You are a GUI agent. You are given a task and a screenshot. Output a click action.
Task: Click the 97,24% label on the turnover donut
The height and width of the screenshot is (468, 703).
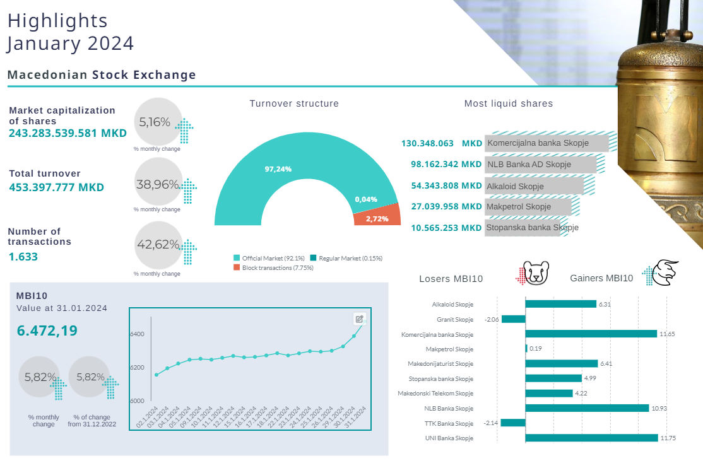point(278,169)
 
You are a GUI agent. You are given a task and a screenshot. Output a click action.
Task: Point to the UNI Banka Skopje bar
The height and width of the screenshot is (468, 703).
point(591,438)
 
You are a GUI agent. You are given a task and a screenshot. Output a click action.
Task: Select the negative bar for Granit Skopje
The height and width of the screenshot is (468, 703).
point(513,319)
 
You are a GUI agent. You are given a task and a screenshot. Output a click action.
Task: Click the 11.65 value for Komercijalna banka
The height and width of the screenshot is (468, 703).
point(667,334)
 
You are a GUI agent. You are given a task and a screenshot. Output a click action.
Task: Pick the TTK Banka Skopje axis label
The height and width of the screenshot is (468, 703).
point(449,423)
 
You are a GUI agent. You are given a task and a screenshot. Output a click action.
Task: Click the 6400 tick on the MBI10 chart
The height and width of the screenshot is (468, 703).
point(138,334)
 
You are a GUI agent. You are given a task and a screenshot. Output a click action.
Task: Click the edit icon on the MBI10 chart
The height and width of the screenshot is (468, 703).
point(359,319)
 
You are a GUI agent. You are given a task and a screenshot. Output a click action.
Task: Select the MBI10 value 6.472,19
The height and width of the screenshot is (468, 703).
point(47,330)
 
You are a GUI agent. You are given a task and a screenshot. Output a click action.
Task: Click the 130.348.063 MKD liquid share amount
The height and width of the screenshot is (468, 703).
point(441,143)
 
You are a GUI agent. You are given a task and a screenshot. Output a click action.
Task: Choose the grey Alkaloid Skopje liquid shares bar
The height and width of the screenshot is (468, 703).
point(534,186)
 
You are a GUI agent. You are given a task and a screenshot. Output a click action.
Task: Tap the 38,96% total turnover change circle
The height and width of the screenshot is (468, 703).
point(158,185)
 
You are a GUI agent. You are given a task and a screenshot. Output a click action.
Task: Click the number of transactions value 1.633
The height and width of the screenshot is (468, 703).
point(23,257)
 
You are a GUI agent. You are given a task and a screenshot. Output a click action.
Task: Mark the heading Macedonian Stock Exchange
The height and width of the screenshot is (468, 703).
point(102,75)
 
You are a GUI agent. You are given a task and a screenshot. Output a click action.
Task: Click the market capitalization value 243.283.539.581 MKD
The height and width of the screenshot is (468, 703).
point(68,134)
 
